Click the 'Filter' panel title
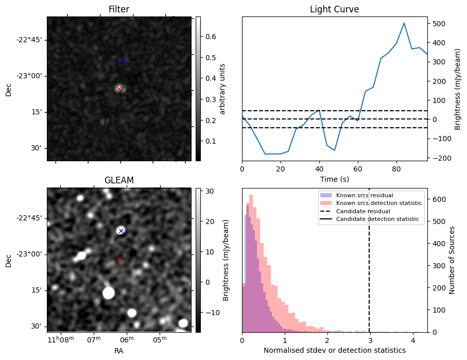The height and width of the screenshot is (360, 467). tap(118, 9)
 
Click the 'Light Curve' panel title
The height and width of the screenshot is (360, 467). tap(334, 9)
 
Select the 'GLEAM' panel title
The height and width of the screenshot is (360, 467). tap(118, 180)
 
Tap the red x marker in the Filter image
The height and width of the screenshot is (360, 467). tap(119, 89)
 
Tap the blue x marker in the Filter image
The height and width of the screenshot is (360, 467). tap(123, 60)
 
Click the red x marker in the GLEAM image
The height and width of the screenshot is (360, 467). tap(119, 260)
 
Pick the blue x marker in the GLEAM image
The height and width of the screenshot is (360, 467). tap(121, 231)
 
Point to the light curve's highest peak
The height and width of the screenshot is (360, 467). tap(404, 23)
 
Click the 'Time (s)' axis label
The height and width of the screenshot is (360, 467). tap(334, 178)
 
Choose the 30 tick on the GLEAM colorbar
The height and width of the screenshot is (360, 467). tap(205, 191)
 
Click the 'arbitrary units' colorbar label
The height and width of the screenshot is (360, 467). tap(222, 89)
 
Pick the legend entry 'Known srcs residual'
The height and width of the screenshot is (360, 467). tap(365, 195)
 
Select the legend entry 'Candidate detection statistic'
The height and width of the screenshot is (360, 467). tap(377, 220)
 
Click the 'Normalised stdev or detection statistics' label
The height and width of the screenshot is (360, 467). tap(334, 350)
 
